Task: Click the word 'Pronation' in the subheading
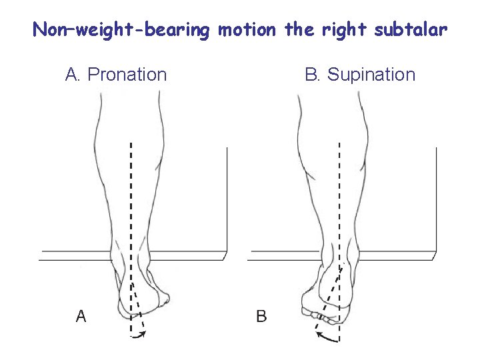(x=127, y=75)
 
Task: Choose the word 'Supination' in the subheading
(x=371, y=75)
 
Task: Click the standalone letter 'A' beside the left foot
(x=81, y=316)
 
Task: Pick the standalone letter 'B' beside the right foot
(x=261, y=316)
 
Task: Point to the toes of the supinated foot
(x=319, y=315)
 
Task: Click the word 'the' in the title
(x=297, y=30)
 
